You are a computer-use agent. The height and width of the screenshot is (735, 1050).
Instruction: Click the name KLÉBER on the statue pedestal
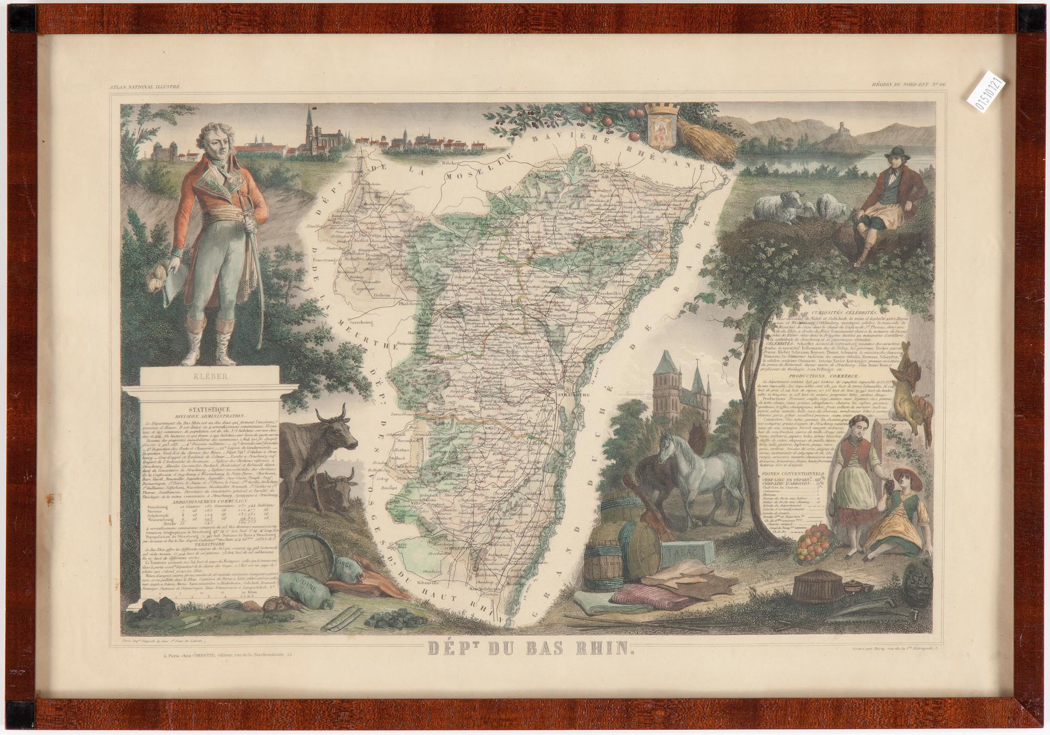click(x=210, y=376)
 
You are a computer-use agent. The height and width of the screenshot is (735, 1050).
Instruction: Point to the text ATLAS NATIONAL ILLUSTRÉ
click(x=145, y=86)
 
